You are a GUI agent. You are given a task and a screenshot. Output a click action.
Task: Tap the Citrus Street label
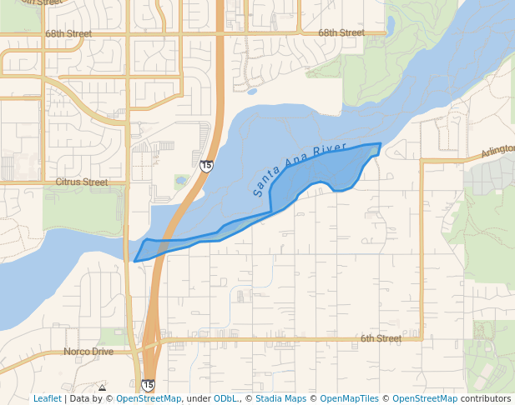82,182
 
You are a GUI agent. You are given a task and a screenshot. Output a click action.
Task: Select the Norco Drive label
88,352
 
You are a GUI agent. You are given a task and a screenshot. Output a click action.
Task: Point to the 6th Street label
381,338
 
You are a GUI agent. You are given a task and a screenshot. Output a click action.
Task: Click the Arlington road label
497,151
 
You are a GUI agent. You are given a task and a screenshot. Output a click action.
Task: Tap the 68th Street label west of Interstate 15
68,33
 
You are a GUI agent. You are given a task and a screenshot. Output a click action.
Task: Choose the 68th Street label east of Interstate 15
341,32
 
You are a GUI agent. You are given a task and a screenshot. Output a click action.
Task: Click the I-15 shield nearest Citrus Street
206,166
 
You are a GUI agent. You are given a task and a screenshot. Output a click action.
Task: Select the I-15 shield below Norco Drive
148,385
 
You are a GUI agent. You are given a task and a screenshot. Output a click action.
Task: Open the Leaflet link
47,398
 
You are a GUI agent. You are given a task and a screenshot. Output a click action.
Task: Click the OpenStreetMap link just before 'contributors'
425,398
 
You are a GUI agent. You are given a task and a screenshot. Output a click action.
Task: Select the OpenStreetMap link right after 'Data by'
148,398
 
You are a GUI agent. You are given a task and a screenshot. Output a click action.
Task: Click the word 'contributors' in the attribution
486,398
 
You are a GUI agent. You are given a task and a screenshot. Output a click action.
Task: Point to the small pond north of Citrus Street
180,180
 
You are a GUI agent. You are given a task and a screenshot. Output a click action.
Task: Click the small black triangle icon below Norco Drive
102,387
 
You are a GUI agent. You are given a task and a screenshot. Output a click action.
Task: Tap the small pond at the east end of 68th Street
391,22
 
